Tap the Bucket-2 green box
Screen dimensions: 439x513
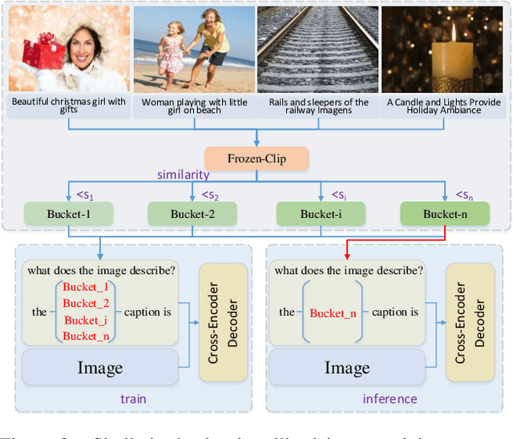(192, 214)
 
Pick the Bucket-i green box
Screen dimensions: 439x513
(321, 214)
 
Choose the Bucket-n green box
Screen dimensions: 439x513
(444, 214)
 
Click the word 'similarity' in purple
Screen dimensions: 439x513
(184, 175)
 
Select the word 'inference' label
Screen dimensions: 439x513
(390, 398)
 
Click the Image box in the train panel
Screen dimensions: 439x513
(99, 368)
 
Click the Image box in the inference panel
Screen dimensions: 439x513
(346, 368)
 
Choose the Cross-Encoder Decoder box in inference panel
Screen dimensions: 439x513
(470, 322)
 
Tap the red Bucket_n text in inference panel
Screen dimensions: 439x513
(332, 313)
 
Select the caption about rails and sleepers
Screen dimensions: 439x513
(317, 107)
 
